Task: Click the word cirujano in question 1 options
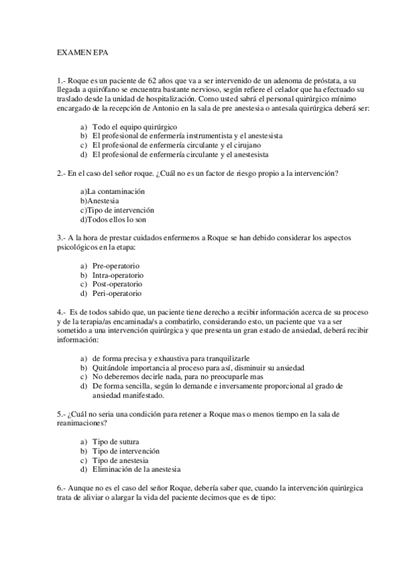pyautogui.click(x=244, y=145)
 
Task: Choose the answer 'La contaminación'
pyautogui.click(x=112, y=192)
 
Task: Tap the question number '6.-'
pyautogui.click(x=62, y=489)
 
